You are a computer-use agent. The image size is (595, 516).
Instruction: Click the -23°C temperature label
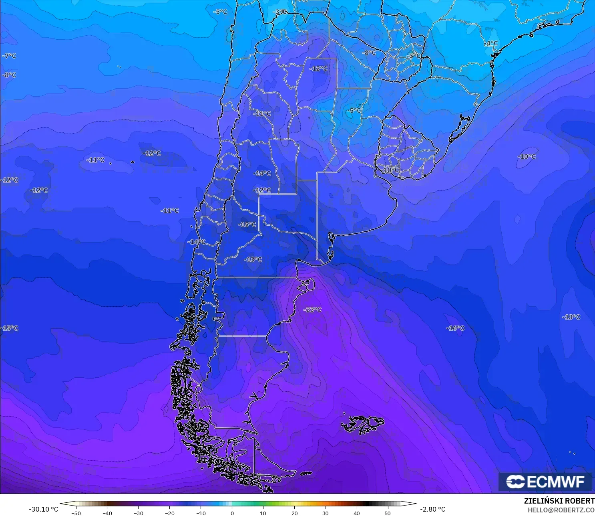pos(312,310)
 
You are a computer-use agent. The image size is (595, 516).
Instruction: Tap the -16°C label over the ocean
pos(455,328)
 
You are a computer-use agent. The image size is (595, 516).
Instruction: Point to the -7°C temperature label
pos(9,56)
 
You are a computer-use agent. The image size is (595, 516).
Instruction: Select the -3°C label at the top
pos(280,12)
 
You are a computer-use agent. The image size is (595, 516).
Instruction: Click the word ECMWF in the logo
pos(556,482)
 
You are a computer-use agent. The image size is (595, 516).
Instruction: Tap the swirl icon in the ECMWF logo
pos(515,482)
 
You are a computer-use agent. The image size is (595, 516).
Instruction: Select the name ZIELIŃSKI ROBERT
pos(559,501)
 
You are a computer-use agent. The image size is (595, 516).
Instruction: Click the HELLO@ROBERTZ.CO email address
pos(561,510)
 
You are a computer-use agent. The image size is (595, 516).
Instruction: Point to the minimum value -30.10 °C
pos(43,509)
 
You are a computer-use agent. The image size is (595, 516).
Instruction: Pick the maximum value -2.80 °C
pos(432,509)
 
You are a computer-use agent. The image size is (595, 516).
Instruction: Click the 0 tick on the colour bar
pos(232,513)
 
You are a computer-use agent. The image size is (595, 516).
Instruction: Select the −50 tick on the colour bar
pos(76,513)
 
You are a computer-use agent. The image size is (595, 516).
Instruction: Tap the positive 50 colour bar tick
pos(388,513)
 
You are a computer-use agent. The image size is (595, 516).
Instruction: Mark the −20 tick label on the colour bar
pos(169,513)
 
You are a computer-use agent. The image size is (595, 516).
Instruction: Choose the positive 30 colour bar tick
pos(326,513)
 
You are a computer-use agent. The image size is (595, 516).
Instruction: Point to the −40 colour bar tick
pos(107,513)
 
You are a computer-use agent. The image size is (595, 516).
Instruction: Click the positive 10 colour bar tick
pos(263,513)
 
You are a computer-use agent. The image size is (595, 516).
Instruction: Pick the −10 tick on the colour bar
pos(201,513)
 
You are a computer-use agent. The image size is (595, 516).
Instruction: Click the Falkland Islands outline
pos(362,425)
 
